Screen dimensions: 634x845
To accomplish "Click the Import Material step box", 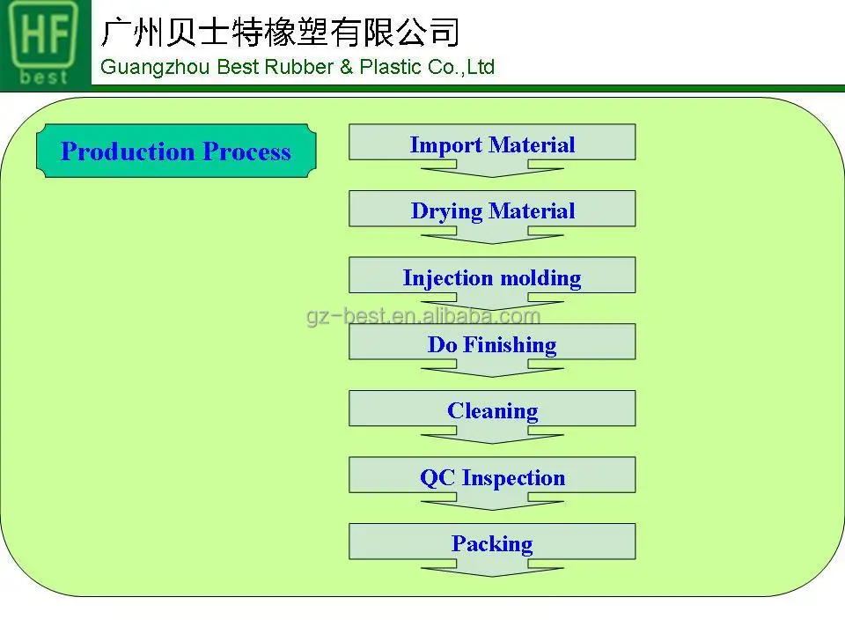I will click(492, 143).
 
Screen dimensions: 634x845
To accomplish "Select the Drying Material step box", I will click(492, 210).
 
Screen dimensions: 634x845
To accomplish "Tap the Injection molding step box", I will click(492, 276).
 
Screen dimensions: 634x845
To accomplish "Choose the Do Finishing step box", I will click(492, 343).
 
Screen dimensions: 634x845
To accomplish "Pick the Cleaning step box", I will click(492, 409).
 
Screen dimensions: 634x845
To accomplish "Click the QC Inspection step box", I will click(492, 476).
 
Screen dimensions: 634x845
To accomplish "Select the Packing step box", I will click(492, 542).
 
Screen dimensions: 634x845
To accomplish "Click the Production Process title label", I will click(176, 151).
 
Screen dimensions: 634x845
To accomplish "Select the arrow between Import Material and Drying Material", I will click(492, 169).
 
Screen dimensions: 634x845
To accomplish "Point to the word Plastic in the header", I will click(386, 67).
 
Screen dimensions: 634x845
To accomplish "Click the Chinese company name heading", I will click(281, 32).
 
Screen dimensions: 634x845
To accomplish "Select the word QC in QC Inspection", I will click(437, 477).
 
